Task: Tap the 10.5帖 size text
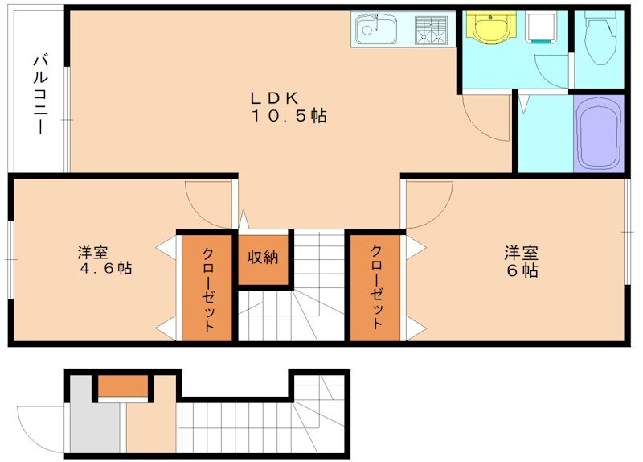tap(289, 116)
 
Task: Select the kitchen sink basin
tap(375, 31)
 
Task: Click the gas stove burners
tap(431, 31)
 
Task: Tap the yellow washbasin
tap(489, 28)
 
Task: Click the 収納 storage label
tap(262, 258)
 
